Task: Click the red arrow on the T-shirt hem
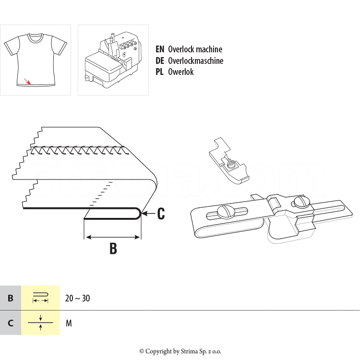(x=27, y=82)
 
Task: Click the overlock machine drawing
(x=113, y=60)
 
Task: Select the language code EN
(x=160, y=49)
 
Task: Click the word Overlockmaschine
(x=196, y=60)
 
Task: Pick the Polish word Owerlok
(x=180, y=72)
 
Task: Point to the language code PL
(x=159, y=72)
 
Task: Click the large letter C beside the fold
(x=161, y=214)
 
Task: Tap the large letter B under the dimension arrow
(x=113, y=248)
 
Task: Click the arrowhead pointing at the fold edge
(x=144, y=214)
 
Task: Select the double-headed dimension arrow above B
(x=112, y=237)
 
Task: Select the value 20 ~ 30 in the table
(x=78, y=298)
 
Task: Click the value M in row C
(x=69, y=323)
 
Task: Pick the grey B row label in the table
(x=11, y=298)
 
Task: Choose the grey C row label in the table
(x=11, y=323)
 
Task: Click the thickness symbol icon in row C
(x=41, y=323)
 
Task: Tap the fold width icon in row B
(x=40, y=298)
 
